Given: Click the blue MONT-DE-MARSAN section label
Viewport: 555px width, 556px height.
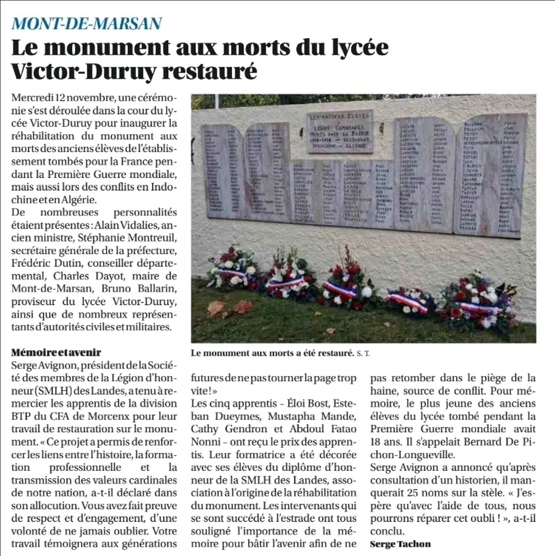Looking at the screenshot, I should point(87,23).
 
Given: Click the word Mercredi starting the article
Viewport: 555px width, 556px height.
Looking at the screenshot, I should point(32,97).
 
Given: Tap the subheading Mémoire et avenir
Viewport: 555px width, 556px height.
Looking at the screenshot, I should point(56,352).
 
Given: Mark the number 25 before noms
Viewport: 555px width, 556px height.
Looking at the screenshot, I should point(413,493).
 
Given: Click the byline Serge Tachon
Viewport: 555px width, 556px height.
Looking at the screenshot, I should point(400,544).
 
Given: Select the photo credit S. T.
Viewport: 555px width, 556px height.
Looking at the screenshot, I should point(363,353).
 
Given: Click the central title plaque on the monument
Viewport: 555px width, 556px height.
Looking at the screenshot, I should point(340,131).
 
